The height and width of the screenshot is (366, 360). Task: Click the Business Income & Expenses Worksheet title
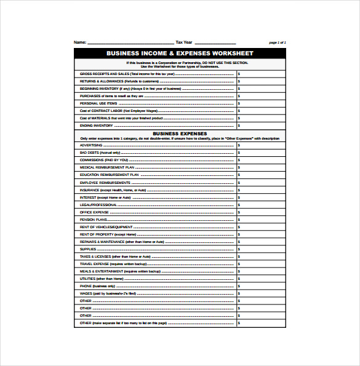point(180,54)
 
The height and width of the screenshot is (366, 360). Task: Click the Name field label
point(80,42)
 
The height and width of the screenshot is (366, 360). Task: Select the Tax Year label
point(184,42)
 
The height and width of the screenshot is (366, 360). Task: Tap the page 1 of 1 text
point(278,42)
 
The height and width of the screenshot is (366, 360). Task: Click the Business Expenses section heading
point(180,133)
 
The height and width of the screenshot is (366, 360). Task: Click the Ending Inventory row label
point(97,125)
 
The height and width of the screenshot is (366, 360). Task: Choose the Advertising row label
point(92,146)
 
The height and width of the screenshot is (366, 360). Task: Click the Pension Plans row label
point(94,220)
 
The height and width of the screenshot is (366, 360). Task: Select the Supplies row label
point(89,249)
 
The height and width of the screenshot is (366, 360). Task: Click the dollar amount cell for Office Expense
point(261,212)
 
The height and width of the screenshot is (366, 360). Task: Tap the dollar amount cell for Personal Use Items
point(261,103)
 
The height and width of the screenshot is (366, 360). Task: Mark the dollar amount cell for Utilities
point(261,279)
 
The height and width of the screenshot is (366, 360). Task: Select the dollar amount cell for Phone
point(261,286)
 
